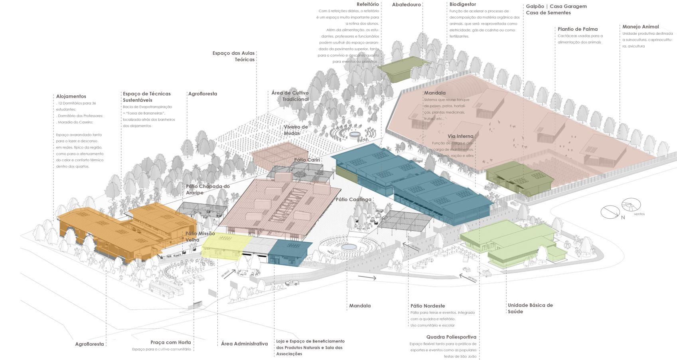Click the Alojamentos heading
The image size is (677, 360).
tap(71, 96)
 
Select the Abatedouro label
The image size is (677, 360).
tap(406, 5)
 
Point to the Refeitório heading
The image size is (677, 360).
tap(367, 4)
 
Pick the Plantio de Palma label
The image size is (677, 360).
tap(578, 29)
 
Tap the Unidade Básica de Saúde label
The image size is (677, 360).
tap(530, 309)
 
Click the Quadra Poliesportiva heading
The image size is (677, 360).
tap(451, 337)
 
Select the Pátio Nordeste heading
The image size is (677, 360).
tap(427, 306)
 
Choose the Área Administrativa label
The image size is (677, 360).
tap(244, 344)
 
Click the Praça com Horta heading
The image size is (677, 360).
tap(170, 342)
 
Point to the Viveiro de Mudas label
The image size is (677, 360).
tap(296, 130)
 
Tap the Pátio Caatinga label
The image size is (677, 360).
tap(353, 200)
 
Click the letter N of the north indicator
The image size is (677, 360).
tap(623, 217)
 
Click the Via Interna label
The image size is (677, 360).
tap(460, 136)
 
